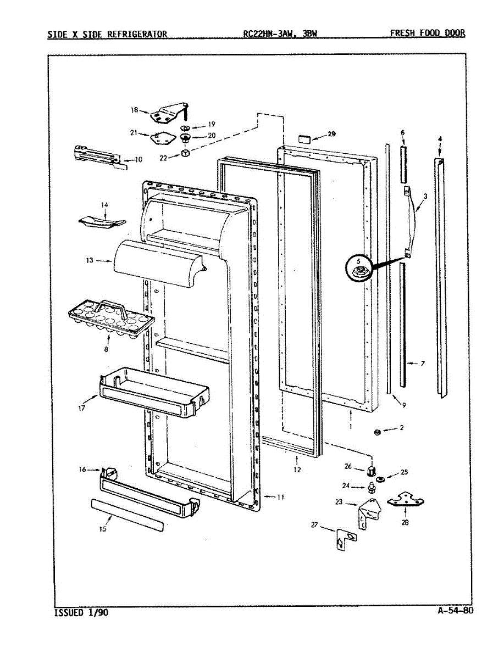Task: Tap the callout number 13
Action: point(90,261)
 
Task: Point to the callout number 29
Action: point(331,134)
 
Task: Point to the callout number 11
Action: point(280,497)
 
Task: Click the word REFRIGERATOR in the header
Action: point(137,34)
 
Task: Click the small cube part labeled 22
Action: point(186,154)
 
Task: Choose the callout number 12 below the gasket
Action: point(297,470)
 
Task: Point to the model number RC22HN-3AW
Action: point(267,34)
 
